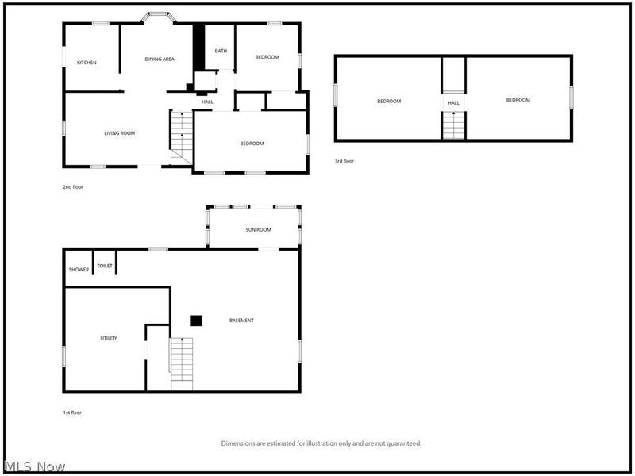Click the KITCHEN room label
[87, 63]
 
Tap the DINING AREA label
[160, 59]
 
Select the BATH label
[221, 51]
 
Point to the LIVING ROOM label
[120, 133]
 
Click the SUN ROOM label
[259, 230]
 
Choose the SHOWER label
[79, 270]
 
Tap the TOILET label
[105, 266]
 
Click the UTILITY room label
[109, 338]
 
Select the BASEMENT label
[242, 321]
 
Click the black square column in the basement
[196, 321]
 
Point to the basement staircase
[182, 364]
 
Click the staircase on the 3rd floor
[453, 125]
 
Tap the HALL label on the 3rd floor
[453, 103]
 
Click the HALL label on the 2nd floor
[207, 102]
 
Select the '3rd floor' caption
[344, 161]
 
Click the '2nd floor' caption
[73, 187]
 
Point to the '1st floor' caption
[72, 413]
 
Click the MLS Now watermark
[34, 466]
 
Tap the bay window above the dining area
[158, 16]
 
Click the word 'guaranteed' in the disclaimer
[404, 443]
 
